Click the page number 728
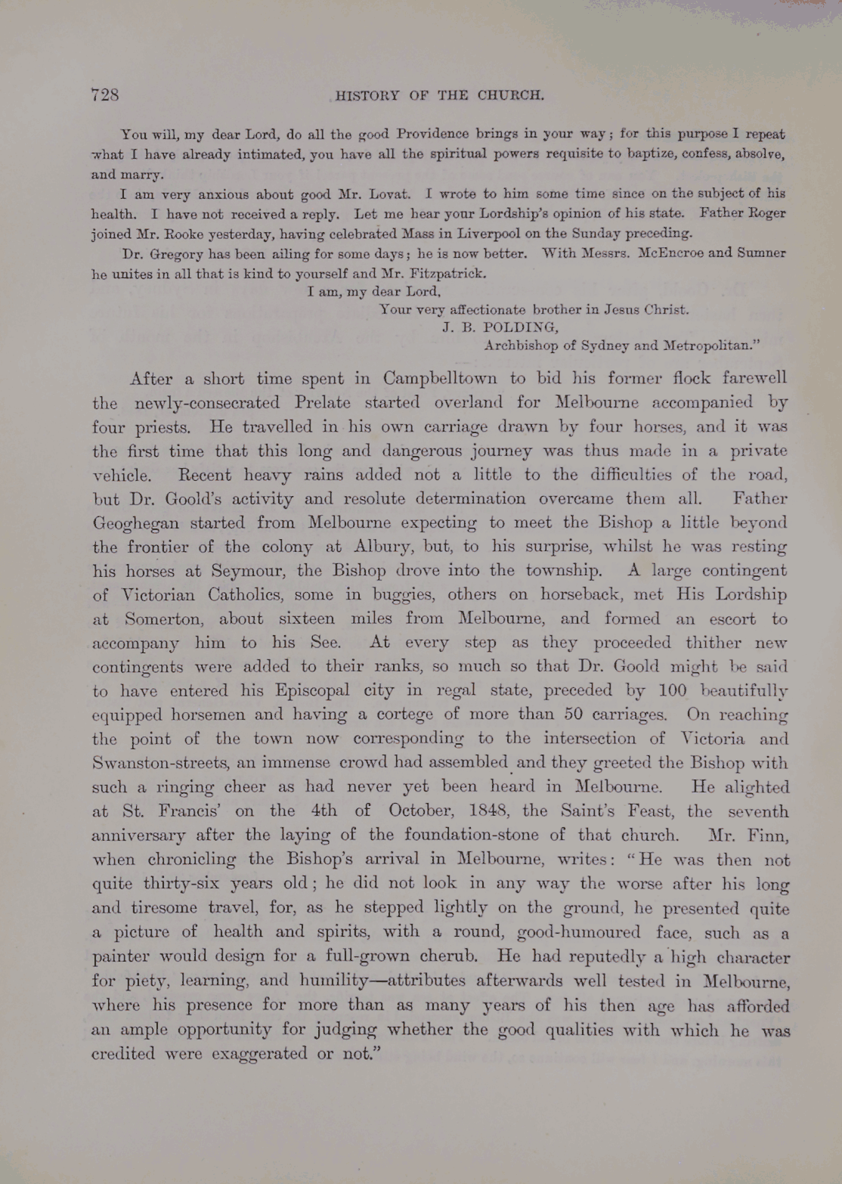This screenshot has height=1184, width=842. tap(105, 95)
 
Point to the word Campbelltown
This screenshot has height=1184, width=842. tap(440, 378)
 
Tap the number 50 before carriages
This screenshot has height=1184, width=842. tap(578, 714)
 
